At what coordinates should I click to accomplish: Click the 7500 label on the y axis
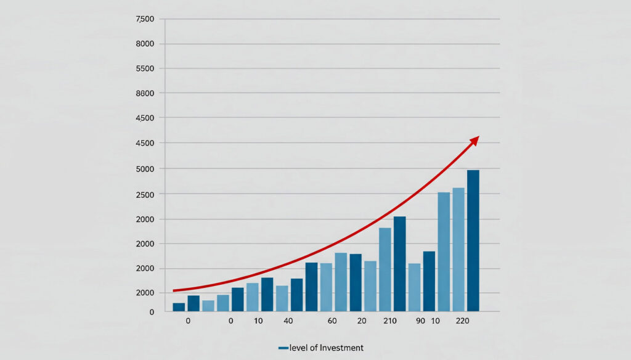pyautogui.click(x=145, y=19)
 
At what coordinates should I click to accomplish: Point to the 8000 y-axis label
pyautogui.click(x=145, y=44)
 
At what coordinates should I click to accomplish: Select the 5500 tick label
pyautogui.click(x=145, y=68)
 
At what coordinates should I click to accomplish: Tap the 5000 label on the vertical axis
pyautogui.click(x=145, y=168)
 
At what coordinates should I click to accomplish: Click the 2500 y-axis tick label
pyautogui.click(x=145, y=194)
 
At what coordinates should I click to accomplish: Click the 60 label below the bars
pyautogui.click(x=332, y=321)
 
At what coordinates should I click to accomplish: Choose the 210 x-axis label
pyautogui.click(x=389, y=321)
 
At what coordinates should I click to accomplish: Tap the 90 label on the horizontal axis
pyautogui.click(x=421, y=321)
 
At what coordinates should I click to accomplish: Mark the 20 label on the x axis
pyautogui.click(x=362, y=321)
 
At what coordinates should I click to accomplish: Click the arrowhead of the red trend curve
pyautogui.click(x=474, y=140)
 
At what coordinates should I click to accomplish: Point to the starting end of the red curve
pyautogui.click(x=174, y=290)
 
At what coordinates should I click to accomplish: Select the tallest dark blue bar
pyautogui.click(x=473, y=240)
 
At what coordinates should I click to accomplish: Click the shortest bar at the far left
pyautogui.click(x=179, y=306)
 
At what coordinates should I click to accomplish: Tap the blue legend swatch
pyautogui.click(x=283, y=348)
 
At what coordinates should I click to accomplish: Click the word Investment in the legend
pyautogui.click(x=341, y=348)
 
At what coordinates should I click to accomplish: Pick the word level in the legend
pyautogui.click(x=299, y=348)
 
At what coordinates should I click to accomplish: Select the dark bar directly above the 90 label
pyautogui.click(x=429, y=280)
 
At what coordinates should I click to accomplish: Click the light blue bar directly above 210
pyautogui.click(x=385, y=269)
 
